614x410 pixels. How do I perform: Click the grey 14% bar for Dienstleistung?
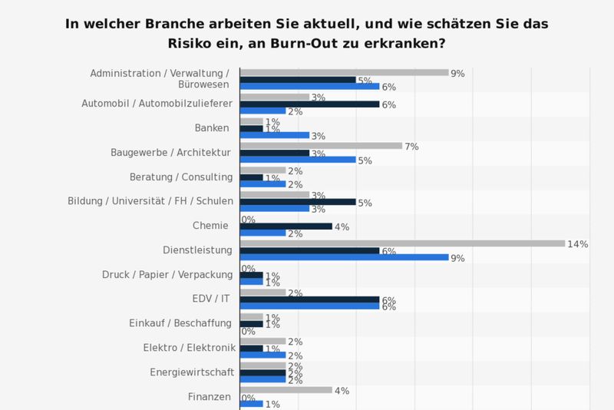pyautogui.click(x=402, y=243)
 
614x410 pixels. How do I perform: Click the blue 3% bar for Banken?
pyautogui.click(x=275, y=135)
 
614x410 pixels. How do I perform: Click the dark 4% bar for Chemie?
pyautogui.click(x=286, y=226)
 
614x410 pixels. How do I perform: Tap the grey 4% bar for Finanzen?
pyautogui.click(x=286, y=390)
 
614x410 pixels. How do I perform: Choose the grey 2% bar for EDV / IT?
pyautogui.click(x=262, y=292)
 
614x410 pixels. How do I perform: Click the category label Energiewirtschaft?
pyautogui.click(x=191, y=372)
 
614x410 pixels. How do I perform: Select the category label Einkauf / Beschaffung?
pyautogui.click(x=180, y=323)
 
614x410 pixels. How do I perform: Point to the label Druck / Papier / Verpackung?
pyautogui.click(x=167, y=274)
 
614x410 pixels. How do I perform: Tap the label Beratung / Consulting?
pyautogui.click(x=182, y=177)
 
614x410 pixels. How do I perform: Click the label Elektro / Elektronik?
pyautogui.click(x=189, y=348)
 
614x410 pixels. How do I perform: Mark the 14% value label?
pyautogui.click(x=577, y=244)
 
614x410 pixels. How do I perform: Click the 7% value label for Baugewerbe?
pyautogui.click(x=411, y=146)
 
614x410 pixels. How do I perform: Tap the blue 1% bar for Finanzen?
pyautogui.click(x=251, y=404)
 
